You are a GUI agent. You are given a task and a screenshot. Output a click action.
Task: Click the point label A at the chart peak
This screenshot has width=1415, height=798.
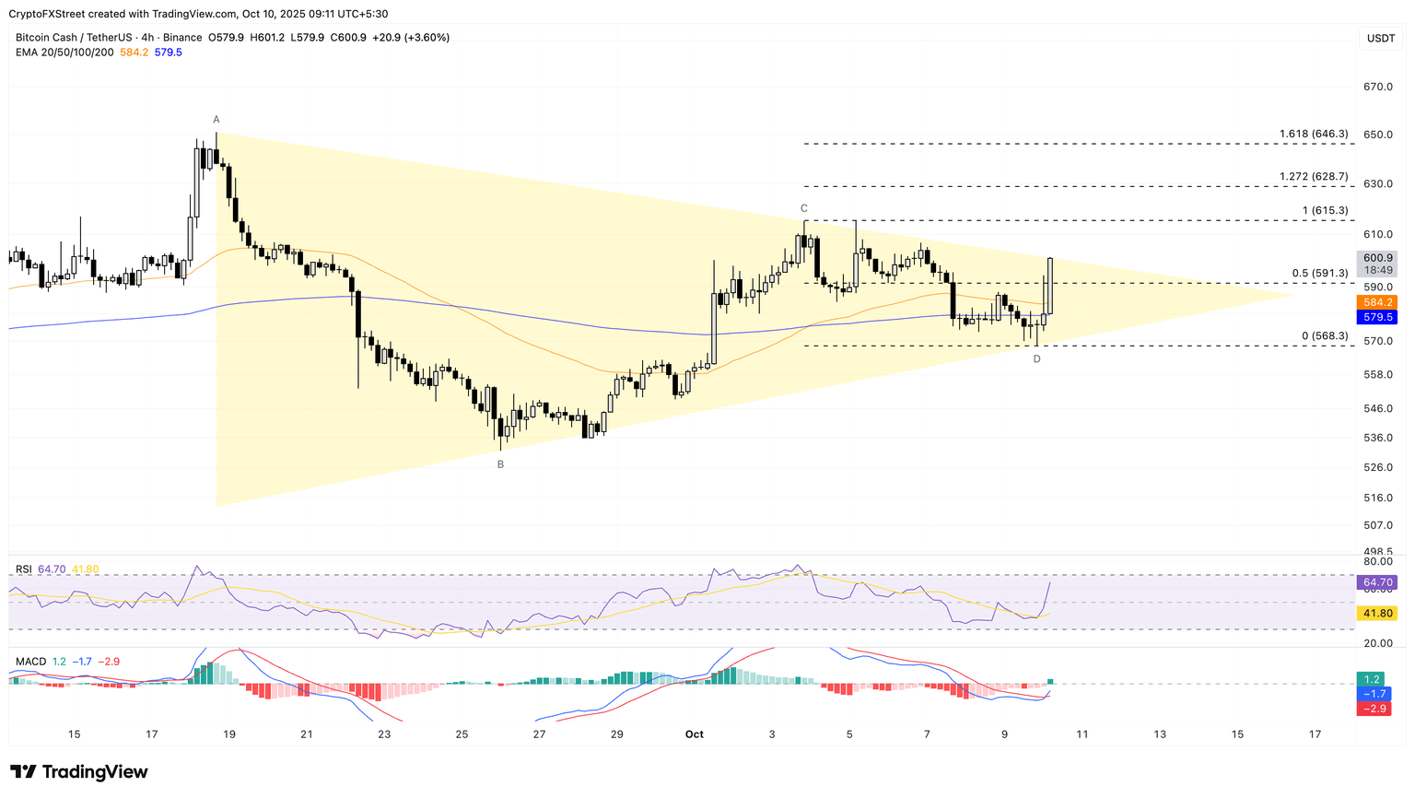pyautogui.click(x=216, y=120)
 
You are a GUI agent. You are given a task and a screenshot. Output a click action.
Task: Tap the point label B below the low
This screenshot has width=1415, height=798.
pyautogui.click(x=500, y=464)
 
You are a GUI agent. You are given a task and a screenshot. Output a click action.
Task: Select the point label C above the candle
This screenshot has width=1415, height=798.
pyautogui.click(x=803, y=208)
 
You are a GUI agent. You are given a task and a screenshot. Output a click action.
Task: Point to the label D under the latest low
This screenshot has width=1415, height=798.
pyautogui.click(x=1036, y=358)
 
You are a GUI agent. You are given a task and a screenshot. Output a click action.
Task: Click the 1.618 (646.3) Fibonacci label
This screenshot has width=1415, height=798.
pyautogui.click(x=1313, y=135)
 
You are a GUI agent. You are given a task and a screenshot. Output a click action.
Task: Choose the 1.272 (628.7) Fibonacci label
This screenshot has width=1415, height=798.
pyautogui.click(x=1313, y=177)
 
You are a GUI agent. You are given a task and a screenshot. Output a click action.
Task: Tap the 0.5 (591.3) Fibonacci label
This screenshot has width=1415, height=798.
pyautogui.click(x=1319, y=274)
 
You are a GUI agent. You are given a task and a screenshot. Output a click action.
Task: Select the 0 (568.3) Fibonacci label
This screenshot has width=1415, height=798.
pyautogui.click(x=1324, y=336)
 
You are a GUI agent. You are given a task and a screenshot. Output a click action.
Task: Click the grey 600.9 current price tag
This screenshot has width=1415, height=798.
pyautogui.click(x=1377, y=258)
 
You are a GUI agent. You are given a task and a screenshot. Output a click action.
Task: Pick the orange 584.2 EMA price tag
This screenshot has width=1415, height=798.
pyautogui.click(x=1377, y=302)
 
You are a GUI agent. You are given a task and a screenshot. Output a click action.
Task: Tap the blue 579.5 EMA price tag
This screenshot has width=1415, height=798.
pyautogui.click(x=1377, y=317)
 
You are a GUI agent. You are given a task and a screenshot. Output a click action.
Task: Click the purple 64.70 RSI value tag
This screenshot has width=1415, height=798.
pyautogui.click(x=1376, y=582)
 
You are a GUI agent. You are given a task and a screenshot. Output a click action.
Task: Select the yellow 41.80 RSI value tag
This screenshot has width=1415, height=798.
pyautogui.click(x=1376, y=613)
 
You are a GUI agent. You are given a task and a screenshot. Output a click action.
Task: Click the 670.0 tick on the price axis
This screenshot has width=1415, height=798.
pyautogui.click(x=1377, y=87)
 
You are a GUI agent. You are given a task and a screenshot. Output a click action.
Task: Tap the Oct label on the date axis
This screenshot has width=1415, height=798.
pyautogui.click(x=694, y=734)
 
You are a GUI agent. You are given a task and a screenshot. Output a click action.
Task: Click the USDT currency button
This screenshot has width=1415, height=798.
pyautogui.click(x=1380, y=38)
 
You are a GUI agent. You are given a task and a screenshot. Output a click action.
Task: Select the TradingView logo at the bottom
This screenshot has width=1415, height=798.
pyautogui.click(x=79, y=772)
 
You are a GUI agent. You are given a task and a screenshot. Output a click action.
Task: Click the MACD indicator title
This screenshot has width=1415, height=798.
pyautogui.click(x=30, y=662)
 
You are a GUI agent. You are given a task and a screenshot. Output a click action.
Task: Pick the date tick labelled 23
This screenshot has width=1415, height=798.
pyautogui.click(x=384, y=734)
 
